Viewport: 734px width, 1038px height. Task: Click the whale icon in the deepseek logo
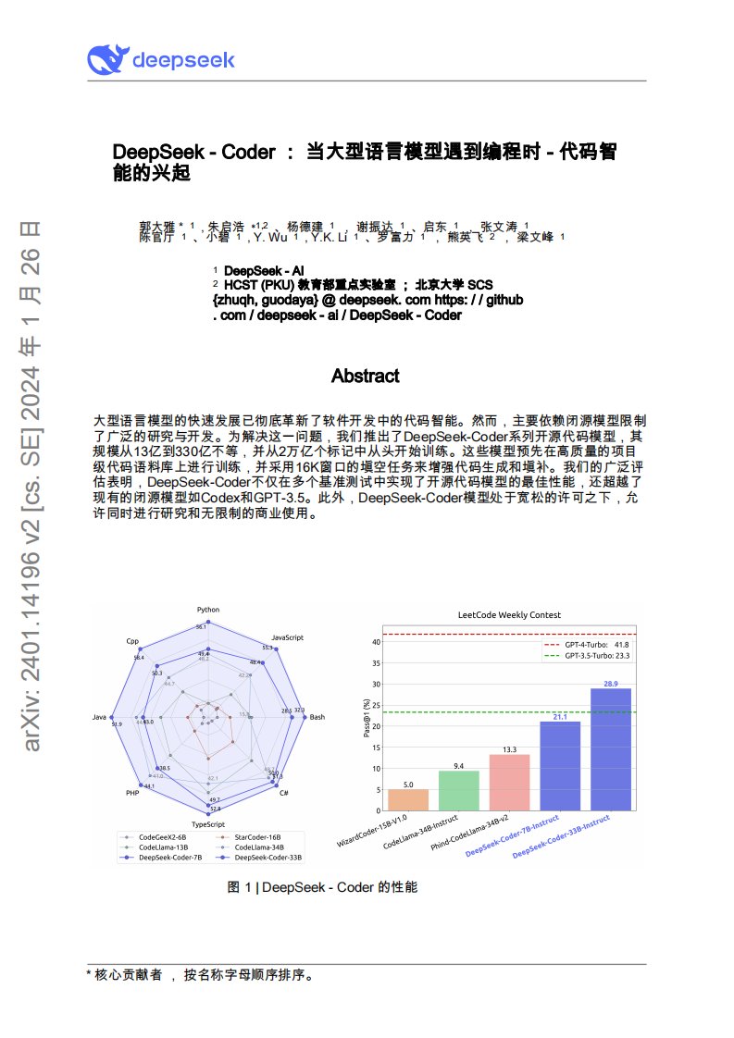pos(108,60)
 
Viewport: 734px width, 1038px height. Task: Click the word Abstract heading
pos(366,376)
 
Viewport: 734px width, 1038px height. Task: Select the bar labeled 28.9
pos(611,749)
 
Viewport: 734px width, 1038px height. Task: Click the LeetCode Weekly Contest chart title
pos(509,614)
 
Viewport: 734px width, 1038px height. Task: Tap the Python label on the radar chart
pos(208,610)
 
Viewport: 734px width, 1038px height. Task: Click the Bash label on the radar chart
pos(317,717)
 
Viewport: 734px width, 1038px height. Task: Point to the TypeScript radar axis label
pos(208,822)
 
